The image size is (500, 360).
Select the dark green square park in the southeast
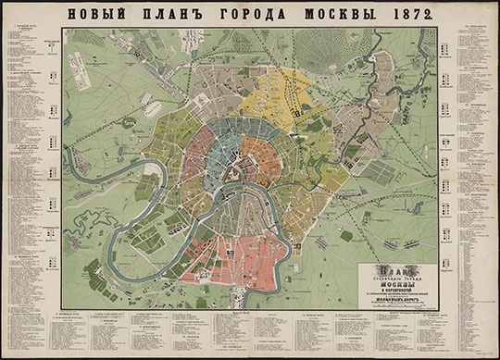pos(346,235)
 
